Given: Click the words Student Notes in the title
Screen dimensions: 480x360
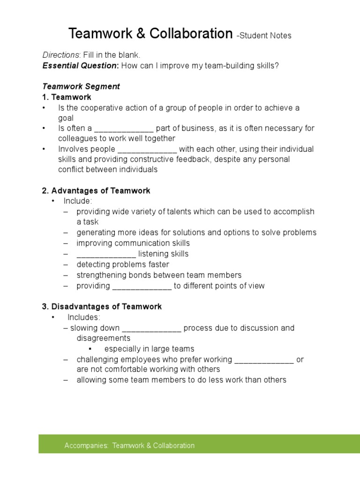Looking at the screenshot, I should [x=266, y=36].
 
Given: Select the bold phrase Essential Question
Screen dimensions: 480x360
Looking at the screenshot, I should [x=80, y=66].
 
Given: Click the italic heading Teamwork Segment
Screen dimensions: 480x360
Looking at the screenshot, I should [x=81, y=87].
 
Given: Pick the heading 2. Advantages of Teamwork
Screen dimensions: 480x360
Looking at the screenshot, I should [x=96, y=191].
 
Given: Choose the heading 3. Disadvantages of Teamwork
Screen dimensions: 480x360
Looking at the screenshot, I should [x=102, y=307].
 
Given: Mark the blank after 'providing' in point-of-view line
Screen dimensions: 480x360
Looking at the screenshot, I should [x=142, y=286].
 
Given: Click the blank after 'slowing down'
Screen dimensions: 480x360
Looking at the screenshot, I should [x=151, y=329].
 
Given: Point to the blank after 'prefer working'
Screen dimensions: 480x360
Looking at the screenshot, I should [x=264, y=360].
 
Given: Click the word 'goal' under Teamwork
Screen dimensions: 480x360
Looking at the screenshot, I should [x=66, y=119].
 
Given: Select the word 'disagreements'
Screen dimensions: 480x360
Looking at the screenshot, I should [x=104, y=338].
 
